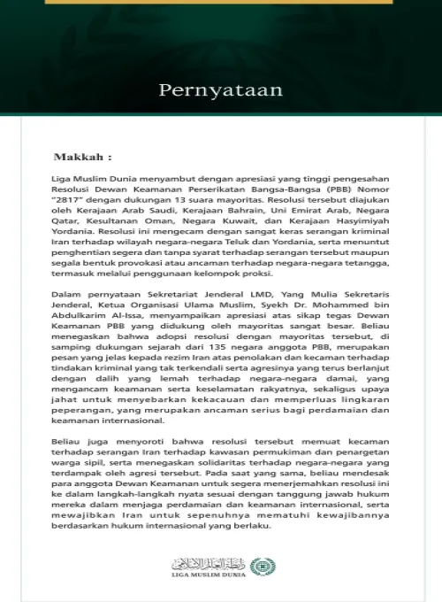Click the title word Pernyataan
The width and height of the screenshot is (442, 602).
click(x=220, y=89)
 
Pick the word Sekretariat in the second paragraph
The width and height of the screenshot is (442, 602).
click(x=178, y=298)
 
